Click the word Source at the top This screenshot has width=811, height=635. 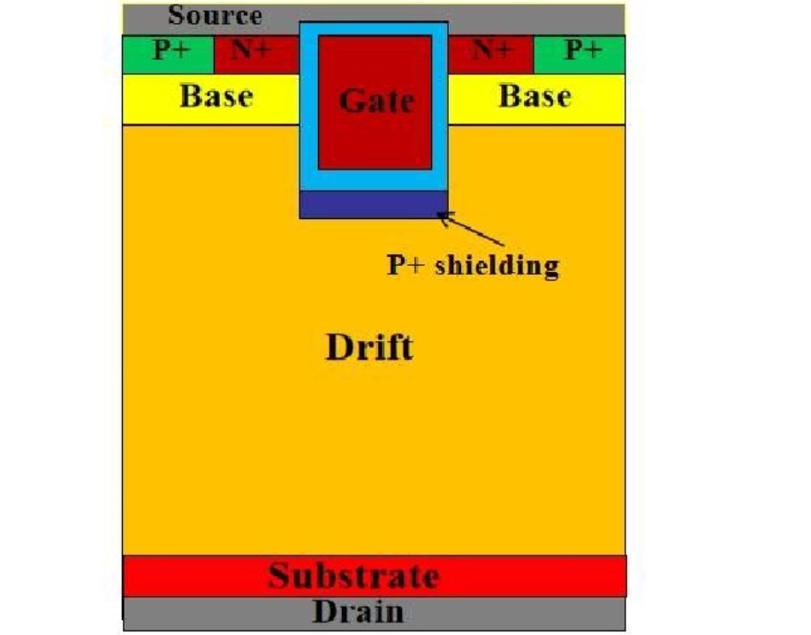[x=215, y=15]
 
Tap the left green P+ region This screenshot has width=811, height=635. [x=168, y=54]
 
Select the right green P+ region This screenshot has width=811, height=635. [x=580, y=54]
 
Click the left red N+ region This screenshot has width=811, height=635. [x=256, y=54]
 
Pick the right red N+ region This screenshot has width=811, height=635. [x=491, y=54]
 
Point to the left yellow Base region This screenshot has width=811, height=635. [x=211, y=99]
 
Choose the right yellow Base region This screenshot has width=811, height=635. [x=536, y=99]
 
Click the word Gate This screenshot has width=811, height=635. [x=376, y=101]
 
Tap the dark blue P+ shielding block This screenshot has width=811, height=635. [x=374, y=204]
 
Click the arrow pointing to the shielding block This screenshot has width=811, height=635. [x=471, y=228]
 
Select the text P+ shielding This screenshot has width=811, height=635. [x=473, y=265]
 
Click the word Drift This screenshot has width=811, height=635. [x=369, y=347]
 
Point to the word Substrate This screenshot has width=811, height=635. [x=353, y=576]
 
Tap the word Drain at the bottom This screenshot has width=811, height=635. [x=358, y=612]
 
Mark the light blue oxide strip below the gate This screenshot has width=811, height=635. [x=374, y=180]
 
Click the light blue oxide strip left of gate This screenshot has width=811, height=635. [x=309, y=106]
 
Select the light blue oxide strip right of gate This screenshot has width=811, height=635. [x=440, y=106]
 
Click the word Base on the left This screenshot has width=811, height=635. [x=216, y=96]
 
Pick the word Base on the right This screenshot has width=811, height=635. [x=534, y=96]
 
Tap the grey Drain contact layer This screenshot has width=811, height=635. [x=374, y=614]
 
